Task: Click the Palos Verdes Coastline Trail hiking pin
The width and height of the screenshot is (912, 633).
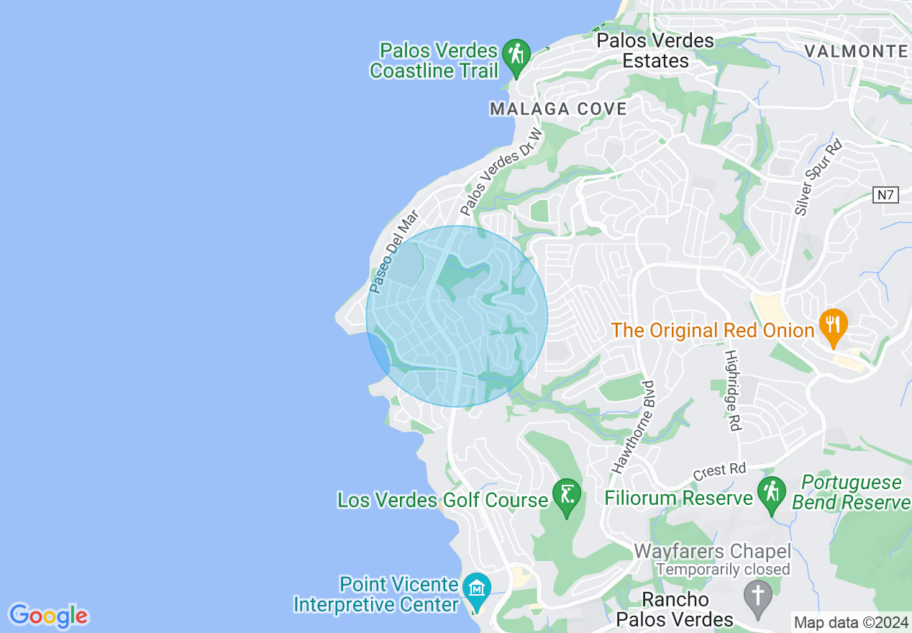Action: [516, 55]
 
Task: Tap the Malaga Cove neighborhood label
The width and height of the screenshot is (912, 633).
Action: [558, 109]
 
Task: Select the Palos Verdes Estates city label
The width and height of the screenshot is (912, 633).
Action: [655, 50]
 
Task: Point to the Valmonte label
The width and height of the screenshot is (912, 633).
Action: [856, 51]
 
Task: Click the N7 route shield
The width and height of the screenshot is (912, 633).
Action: [887, 195]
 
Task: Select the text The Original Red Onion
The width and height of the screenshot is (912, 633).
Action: [712, 331]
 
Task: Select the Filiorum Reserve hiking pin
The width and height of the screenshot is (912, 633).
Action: [771, 494]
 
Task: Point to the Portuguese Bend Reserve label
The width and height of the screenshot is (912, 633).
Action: [852, 492]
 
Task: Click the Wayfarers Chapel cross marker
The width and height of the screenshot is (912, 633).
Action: [757, 596]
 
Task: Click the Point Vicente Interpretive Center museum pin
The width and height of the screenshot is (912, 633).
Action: [476, 590]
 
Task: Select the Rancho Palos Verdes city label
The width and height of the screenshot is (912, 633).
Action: [675, 609]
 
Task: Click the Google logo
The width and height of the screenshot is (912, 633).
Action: [49, 616]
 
